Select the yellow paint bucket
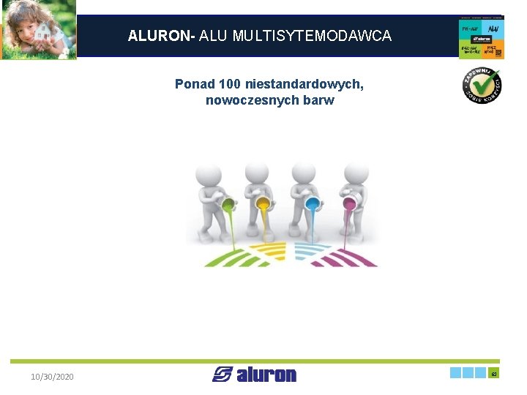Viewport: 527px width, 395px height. click(262, 203)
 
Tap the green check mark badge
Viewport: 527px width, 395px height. click(481, 85)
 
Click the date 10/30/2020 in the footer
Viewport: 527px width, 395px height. click(52, 377)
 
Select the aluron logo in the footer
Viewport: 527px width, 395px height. click(255, 375)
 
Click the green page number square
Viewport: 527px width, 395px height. click(494, 373)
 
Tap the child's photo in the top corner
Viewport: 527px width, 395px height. click(39, 30)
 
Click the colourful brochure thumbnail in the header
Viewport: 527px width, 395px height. click(481, 37)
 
